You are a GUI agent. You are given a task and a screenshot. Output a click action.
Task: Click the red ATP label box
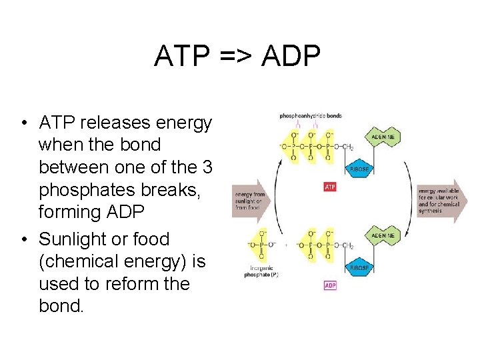coord(330,187)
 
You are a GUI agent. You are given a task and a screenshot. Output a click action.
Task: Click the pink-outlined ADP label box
coord(330,285)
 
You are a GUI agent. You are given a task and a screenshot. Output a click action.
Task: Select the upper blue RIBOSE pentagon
coord(358,169)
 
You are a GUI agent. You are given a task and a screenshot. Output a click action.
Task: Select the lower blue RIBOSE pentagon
coord(358,267)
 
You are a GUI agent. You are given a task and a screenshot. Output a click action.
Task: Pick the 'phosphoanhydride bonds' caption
coord(311,116)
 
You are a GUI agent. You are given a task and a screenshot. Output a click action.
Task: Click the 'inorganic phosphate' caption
coord(261,271)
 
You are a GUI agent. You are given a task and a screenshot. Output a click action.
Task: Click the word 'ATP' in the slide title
coord(179,57)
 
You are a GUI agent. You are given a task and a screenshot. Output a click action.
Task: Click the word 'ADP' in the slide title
coord(291,57)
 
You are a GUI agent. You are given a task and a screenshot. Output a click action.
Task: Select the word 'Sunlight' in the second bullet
coord(75,239)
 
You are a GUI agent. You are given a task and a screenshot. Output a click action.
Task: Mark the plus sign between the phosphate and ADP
coord(286,245)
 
